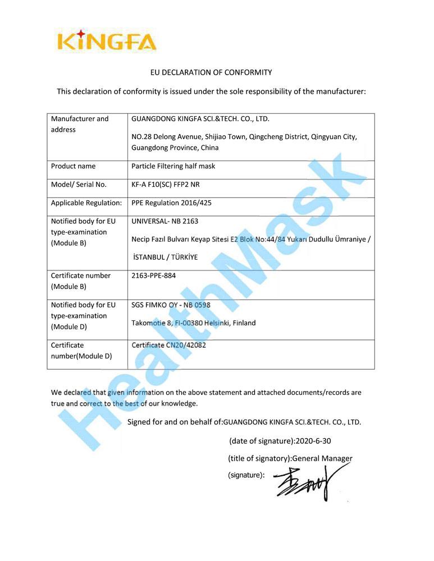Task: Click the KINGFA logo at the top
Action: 107,41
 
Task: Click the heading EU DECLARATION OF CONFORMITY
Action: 211,72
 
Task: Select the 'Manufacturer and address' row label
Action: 80,124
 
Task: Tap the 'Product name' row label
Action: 73,166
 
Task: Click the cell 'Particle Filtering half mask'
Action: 173,166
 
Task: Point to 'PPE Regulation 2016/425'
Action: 171,203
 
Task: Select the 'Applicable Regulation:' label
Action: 86,203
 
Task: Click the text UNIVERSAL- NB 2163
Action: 165,221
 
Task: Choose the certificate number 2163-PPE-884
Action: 157,275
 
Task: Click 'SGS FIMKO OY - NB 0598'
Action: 171,305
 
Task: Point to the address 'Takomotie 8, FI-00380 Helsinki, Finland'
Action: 193,323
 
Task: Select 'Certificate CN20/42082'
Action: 168,345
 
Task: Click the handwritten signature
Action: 306,482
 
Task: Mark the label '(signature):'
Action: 246,475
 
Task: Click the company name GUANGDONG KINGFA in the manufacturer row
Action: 200,119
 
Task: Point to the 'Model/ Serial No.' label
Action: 79,185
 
